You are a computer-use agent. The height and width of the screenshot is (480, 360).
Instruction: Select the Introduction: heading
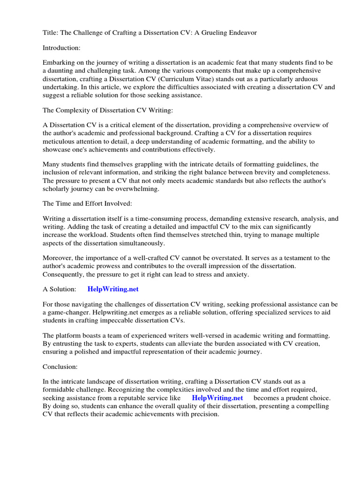tap(62, 47)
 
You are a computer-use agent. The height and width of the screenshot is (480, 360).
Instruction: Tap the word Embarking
tap(59, 62)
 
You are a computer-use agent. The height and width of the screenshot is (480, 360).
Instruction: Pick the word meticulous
tap(60, 141)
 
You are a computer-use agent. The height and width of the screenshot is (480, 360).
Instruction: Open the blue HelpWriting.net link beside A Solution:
tap(113, 289)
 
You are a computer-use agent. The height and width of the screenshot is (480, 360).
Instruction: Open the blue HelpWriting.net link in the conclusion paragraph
tap(217, 398)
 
